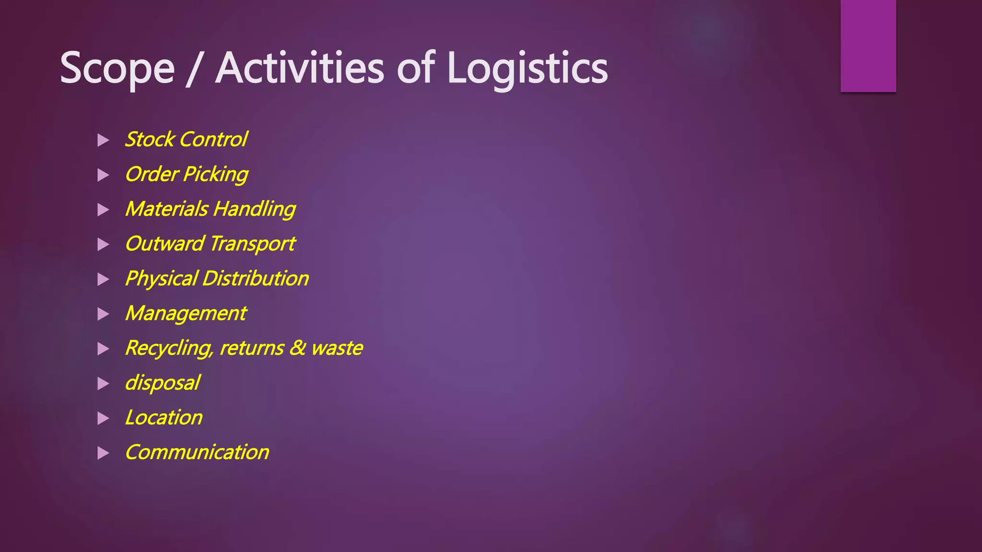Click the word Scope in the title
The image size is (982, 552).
pyautogui.click(x=117, y=69)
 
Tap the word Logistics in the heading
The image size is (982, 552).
pyautogui.click(x=527, y=69)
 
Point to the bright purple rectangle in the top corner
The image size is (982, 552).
pyautogui.click(x=868, y=46)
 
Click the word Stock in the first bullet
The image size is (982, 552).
pyautogui.click(x=150, y=139)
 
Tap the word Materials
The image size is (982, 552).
pyautogui.click(x=166, y=209)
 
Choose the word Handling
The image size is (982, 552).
pyautogui.click(x=254, y=209)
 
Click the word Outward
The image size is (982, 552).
pyautogui.click(x=164, y=244)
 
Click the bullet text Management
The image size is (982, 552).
pyautogui.click(x=186, y=313)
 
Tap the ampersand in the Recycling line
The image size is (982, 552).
pyautogui.click(x=297, y=348)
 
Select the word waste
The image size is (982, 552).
pyautogui.click(x=337, y=348)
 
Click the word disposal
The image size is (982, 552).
pyautogui.click(x=162, y=383)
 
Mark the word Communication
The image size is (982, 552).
pyautogui.click(x=197, y=452)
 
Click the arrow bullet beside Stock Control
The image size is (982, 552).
pyautogui.click(x=103, y=140)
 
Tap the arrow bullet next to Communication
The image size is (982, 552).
pyautogui.click(x=103, y=453)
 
